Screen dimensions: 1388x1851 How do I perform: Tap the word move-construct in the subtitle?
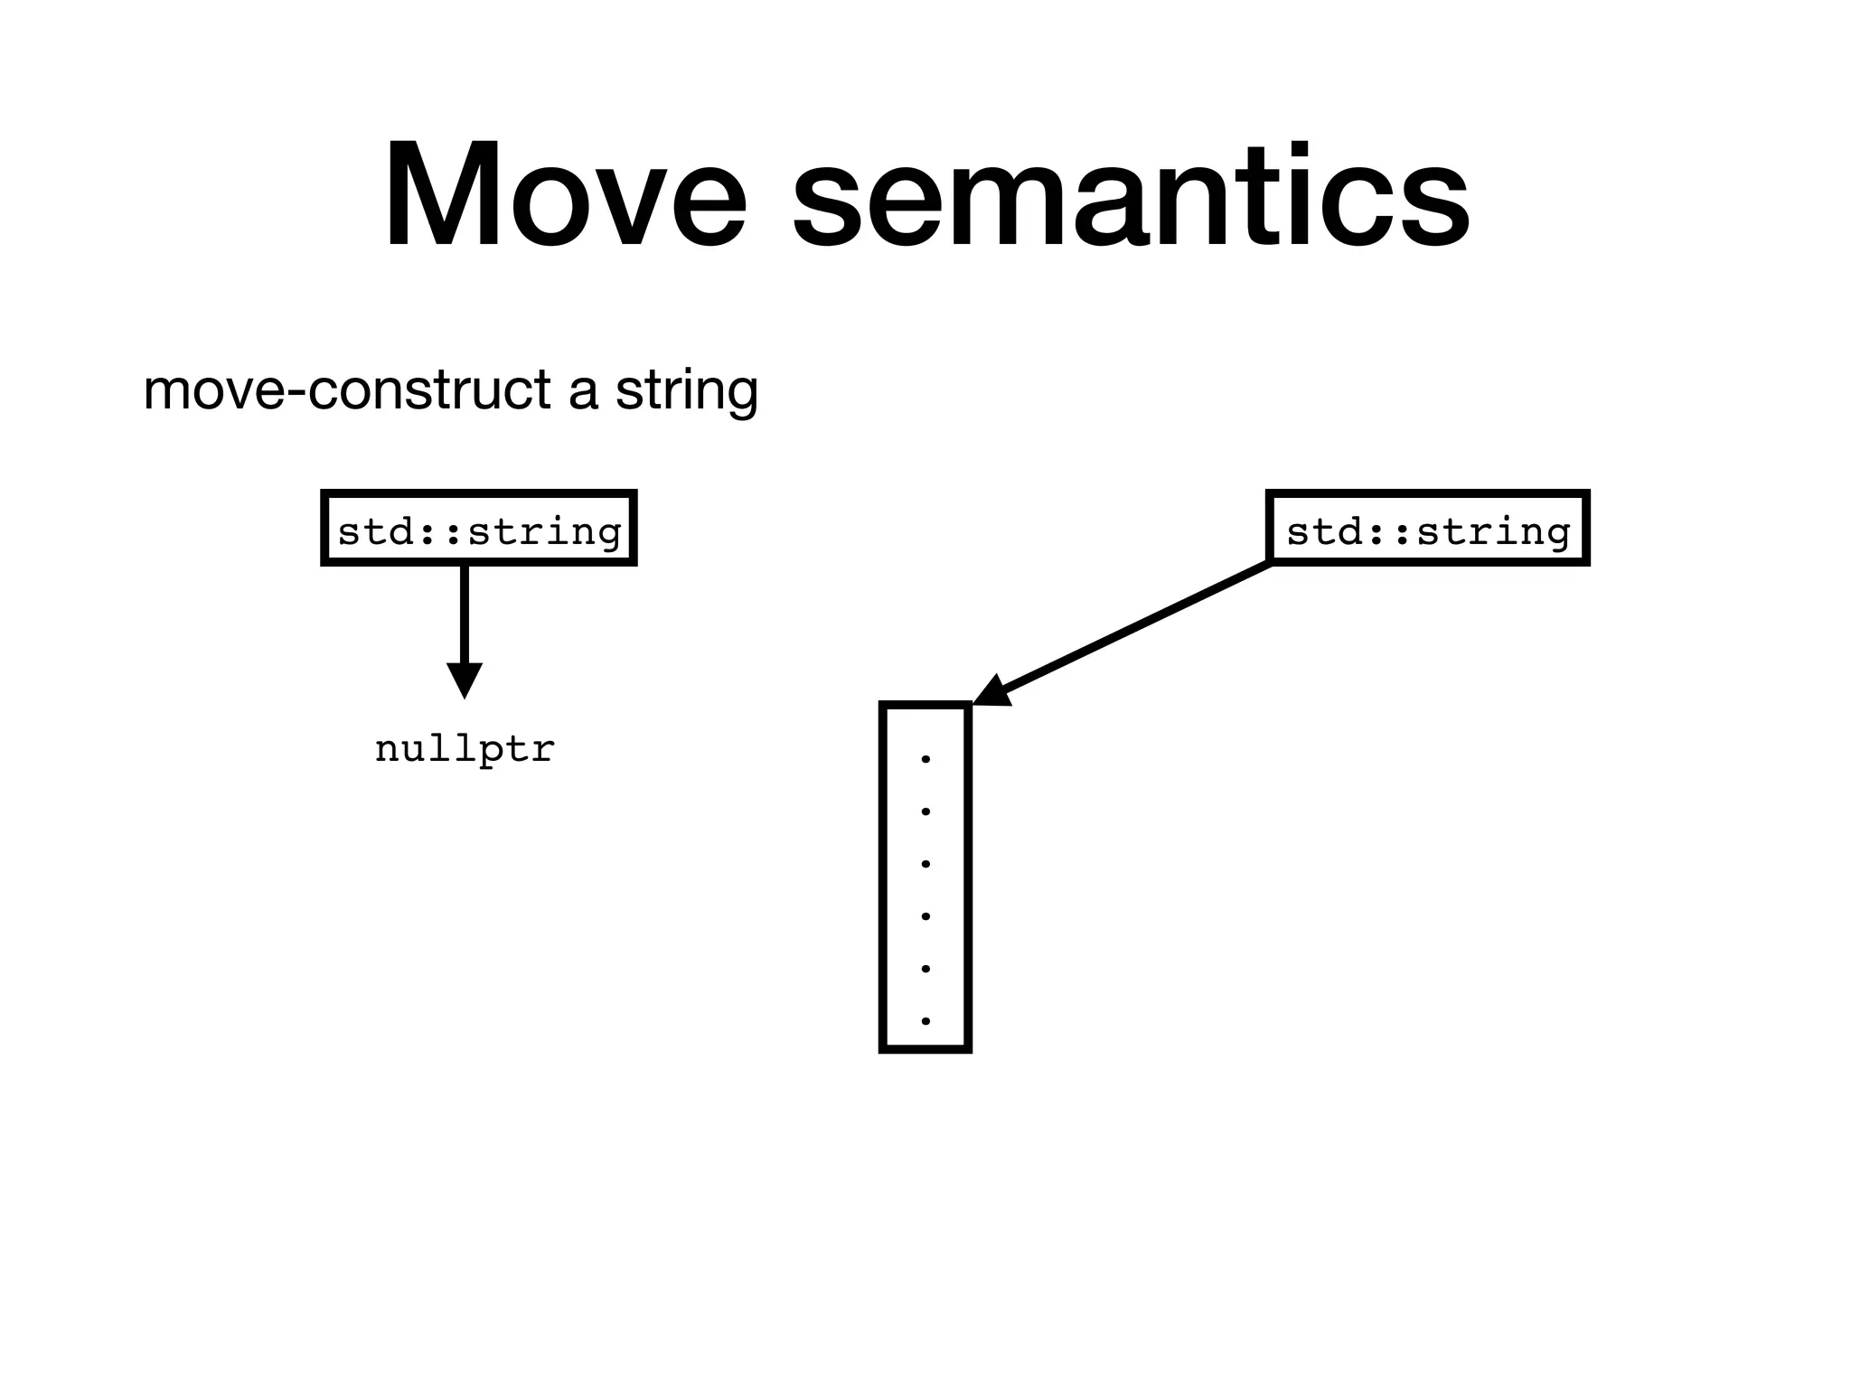click(347, 390)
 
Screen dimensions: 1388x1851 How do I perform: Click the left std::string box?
click(479, 529)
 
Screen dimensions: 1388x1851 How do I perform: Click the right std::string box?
click(1428, 529)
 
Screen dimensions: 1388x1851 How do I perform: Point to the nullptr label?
click(465, 748)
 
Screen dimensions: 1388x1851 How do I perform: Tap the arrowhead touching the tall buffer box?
click(992, 691)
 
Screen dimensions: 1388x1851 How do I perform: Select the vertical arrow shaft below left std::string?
click(465, 614)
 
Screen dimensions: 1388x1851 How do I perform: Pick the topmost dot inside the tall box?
click(925, 759)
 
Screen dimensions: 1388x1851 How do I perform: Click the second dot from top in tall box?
click(925, 811)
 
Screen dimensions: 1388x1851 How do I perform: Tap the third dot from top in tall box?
click(925, 864)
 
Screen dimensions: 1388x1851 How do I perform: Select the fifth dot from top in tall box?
click(925, 969)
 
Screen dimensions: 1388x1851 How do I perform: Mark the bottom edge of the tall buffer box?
click(925, 1049)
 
